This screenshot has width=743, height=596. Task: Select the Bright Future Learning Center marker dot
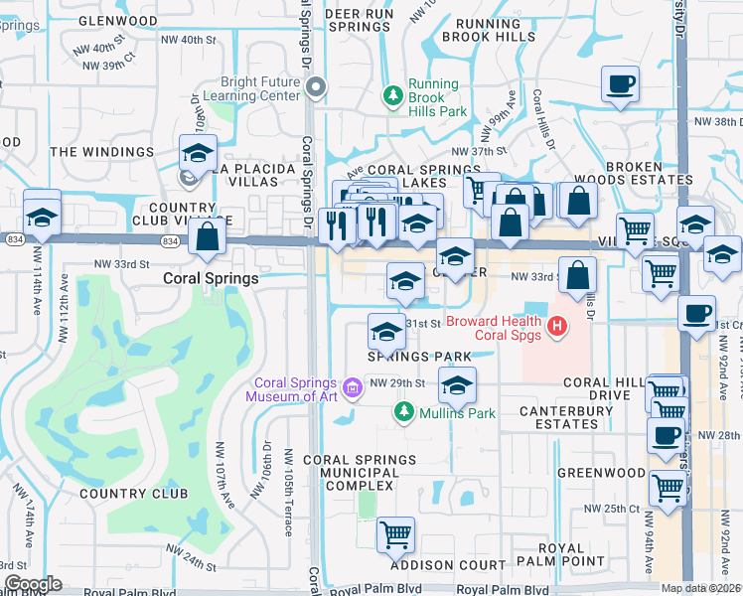(x=317, y=89)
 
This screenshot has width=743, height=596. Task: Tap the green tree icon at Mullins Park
(x=403, y=411)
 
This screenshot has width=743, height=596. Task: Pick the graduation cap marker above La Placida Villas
(x=199, y=154)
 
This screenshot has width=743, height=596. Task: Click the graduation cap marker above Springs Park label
(x=386, y=331)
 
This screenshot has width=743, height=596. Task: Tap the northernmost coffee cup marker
(x=620, y=84)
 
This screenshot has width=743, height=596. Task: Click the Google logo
(x=34, y=583)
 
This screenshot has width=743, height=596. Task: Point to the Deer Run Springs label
(x=359, y=21)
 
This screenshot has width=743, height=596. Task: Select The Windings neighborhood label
(x=102, y=152)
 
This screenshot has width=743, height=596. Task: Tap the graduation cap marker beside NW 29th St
(x=457, y=385)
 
